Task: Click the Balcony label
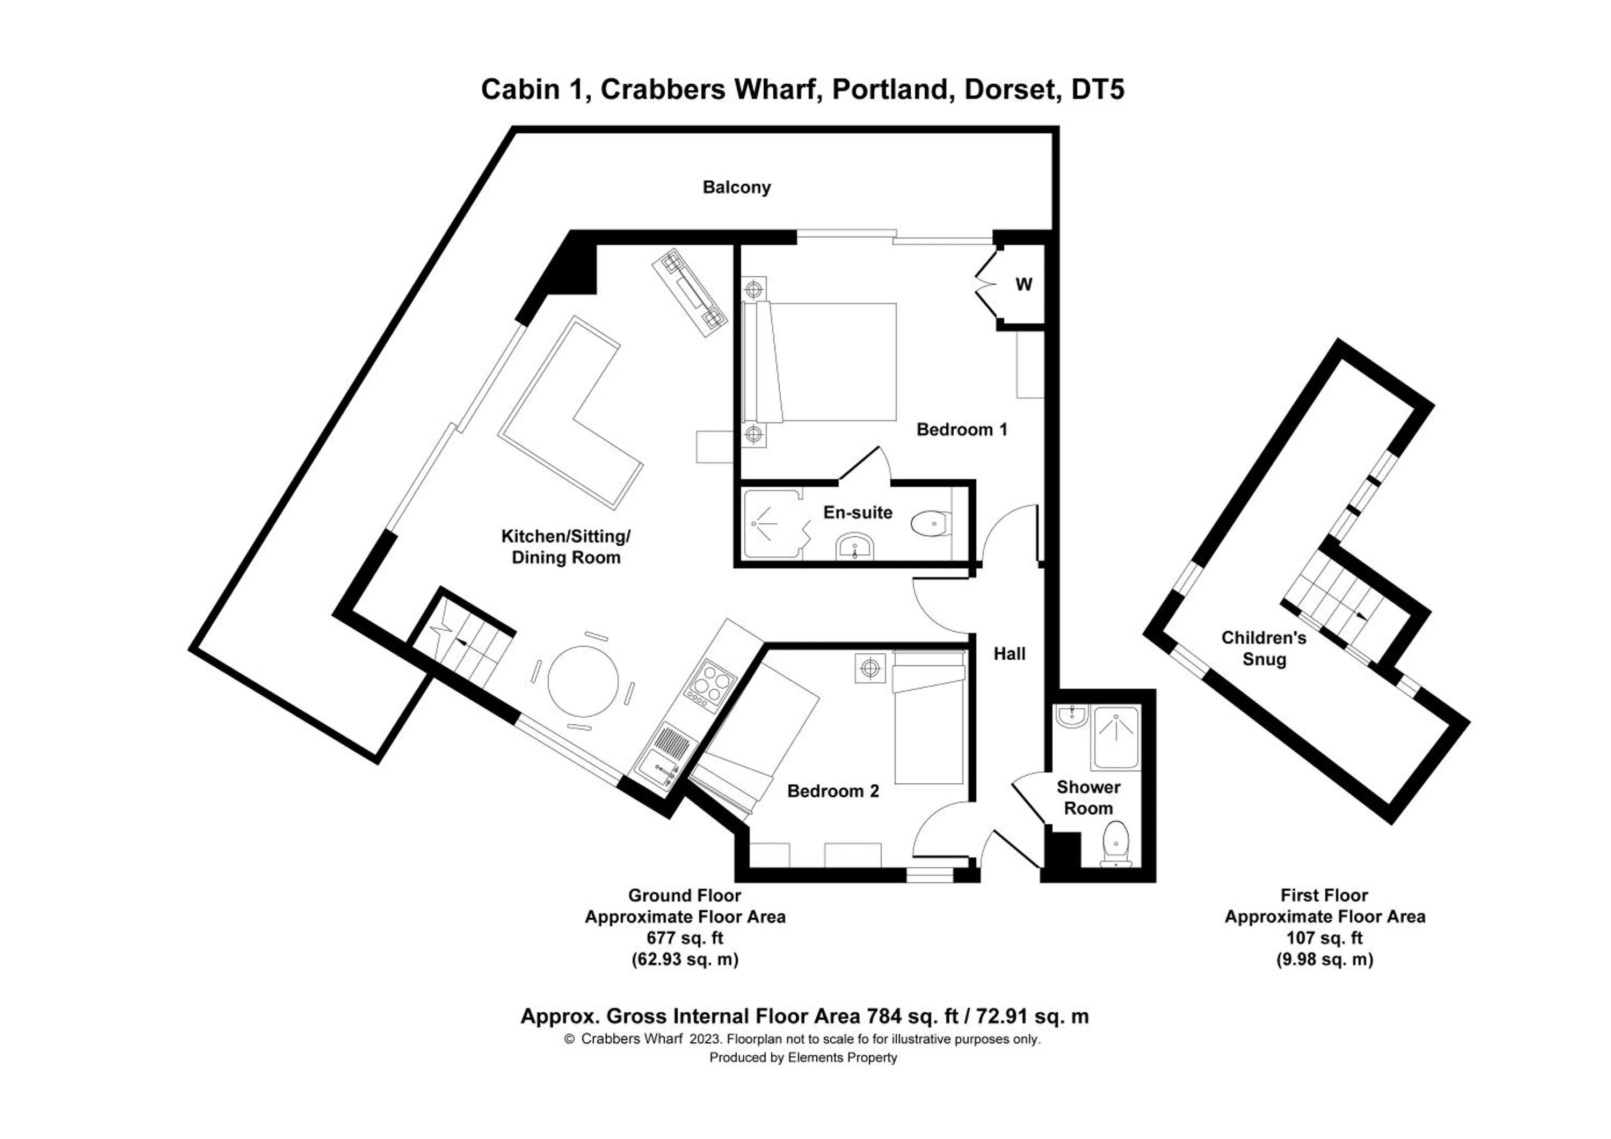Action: coord(736,188)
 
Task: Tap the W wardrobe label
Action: coord(1024,284)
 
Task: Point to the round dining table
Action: coord(583,681)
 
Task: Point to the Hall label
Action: coord(1009,654)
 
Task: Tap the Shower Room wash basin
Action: coord(1071,717)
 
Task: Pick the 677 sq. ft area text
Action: coord(684,938)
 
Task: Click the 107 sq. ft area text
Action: coord(1324,938)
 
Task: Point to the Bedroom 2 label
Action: coord(833,791)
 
